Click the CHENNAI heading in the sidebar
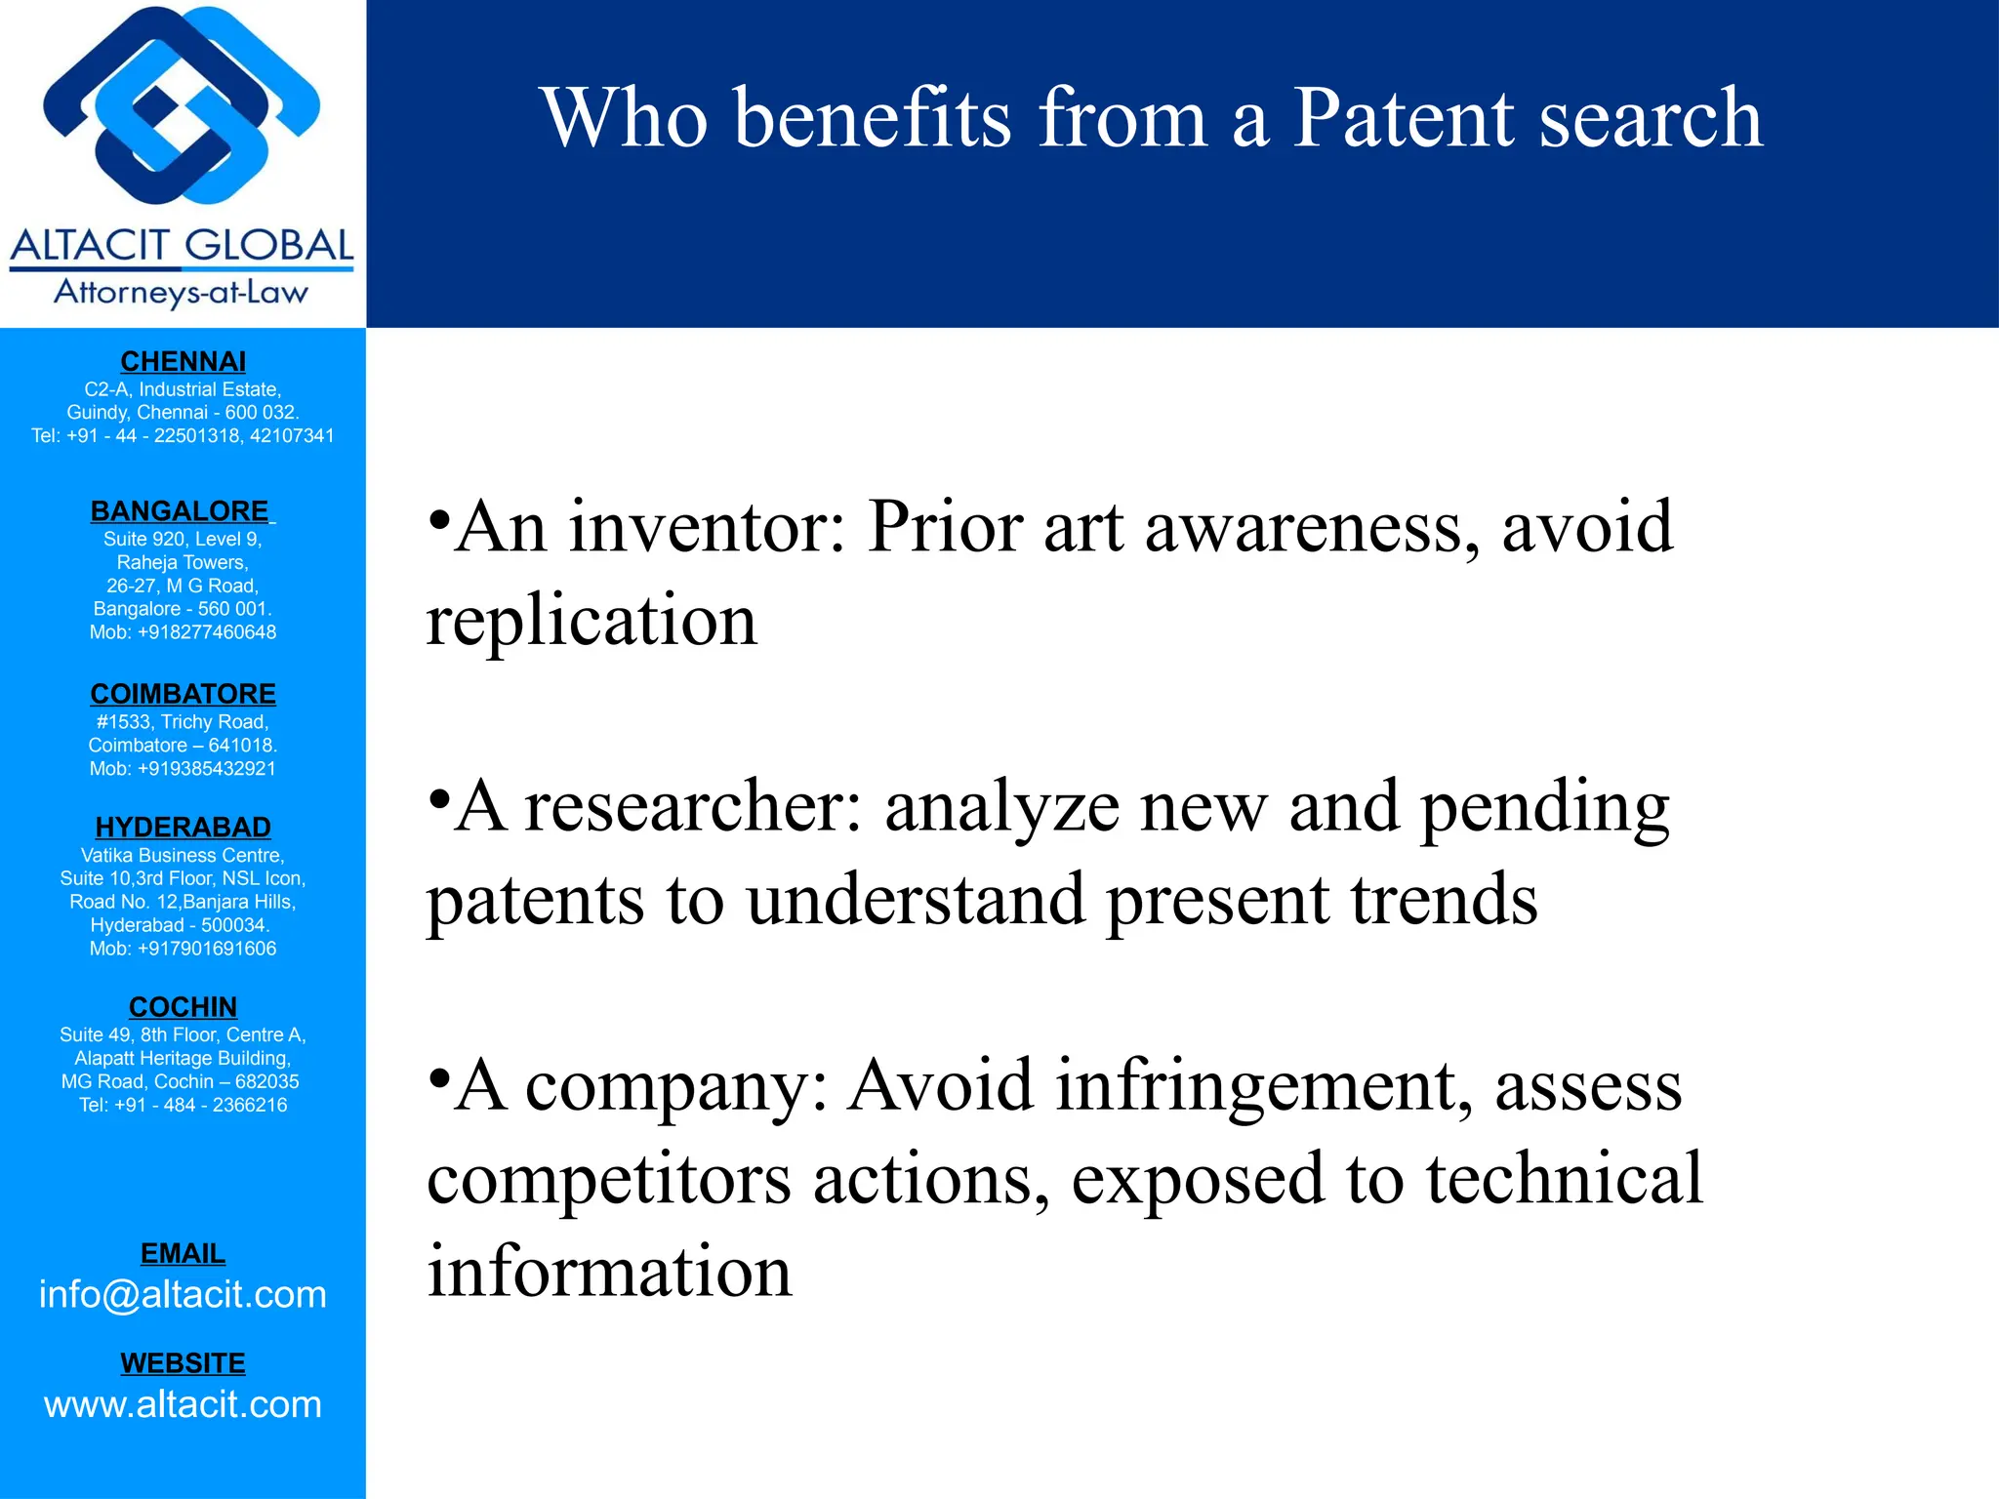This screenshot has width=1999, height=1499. pyautogui.click(x=183, y=362)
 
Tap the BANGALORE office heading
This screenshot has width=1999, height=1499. pyautogui.click(x=180, y=511)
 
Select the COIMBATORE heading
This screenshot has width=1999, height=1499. pyautogui.click(x=183, y=694)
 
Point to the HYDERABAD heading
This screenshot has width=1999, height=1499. pyautogui.click(x=183, y=828)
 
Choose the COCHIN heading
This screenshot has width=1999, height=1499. pyautogui.click(x=183, y=1007)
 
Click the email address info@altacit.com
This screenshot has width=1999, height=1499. pyautogui.click(x=183, y=1295)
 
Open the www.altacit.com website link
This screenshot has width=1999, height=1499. pyautogui.click(x=183, y=1405)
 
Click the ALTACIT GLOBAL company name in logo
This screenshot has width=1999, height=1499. pyautogui.click(x=183, y=245)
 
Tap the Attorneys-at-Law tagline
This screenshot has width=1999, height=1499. pyautogui.click(x=182, y=292)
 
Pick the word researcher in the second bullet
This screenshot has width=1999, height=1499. pyautogui.click(x=694, y=808)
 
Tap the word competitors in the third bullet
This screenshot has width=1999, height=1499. pyautogui.click(x=609, y=1179)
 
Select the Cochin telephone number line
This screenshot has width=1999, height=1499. pyautogui.click(x=183, y=1106)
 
